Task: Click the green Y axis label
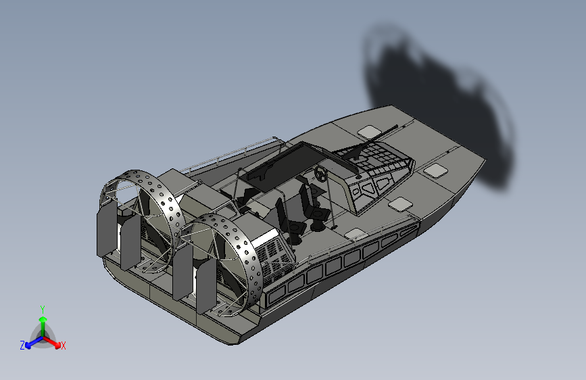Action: pyautogui.click(x=43, y=308)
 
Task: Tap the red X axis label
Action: pyautogui.click(x=64, y=346)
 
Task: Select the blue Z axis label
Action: pyautogui.click(x=22, y=346)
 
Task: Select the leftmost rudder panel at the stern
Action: pyautogui.click(x=105, y=231)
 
